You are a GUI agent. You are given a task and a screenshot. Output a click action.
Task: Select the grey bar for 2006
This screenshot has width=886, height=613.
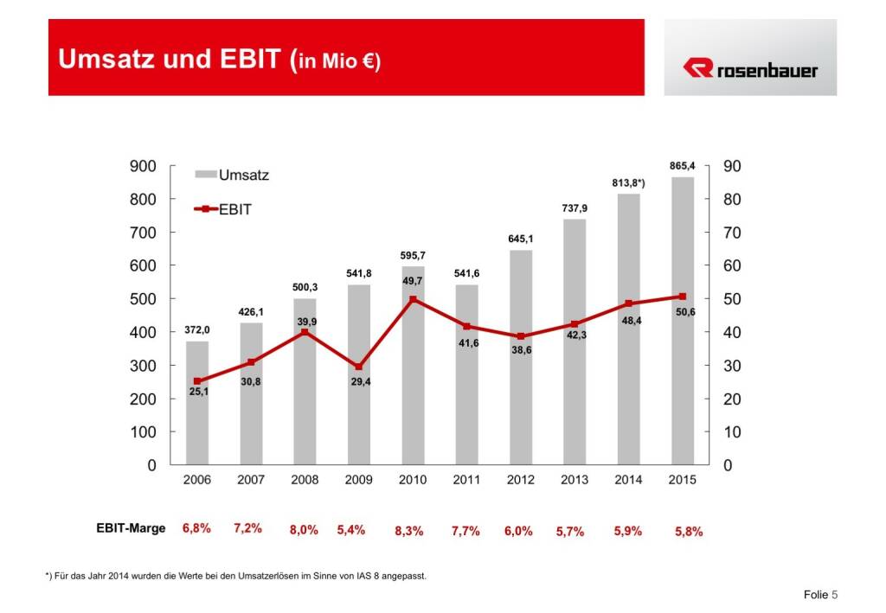[197, 415]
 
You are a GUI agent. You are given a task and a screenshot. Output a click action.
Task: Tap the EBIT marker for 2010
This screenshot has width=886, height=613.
[413, 299]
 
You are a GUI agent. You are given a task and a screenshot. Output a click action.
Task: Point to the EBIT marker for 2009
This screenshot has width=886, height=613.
[359, 367]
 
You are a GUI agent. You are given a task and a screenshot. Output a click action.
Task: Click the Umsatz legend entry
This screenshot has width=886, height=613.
[231, 175]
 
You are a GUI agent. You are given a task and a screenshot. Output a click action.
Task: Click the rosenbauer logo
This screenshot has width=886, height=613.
[750, 69]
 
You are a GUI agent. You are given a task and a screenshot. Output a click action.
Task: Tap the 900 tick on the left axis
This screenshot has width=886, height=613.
[143, 166]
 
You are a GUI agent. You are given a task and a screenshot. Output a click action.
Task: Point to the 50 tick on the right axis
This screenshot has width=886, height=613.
[729, 299]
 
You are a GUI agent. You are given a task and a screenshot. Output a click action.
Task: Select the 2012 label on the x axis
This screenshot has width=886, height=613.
[520, 481]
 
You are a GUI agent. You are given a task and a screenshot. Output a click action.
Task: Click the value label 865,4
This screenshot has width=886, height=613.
[683, 166]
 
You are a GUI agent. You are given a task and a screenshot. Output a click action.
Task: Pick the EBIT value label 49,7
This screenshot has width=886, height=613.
[413, 282]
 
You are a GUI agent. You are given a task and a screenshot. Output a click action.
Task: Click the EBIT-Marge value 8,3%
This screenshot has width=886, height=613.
[408, 531]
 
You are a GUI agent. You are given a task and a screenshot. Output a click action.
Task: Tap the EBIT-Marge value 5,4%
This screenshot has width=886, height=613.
[351, 529]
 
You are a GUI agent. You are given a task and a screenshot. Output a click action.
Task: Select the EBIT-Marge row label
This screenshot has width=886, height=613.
[131, 528]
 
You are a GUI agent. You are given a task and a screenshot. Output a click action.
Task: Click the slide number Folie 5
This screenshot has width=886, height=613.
[820, 595]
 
